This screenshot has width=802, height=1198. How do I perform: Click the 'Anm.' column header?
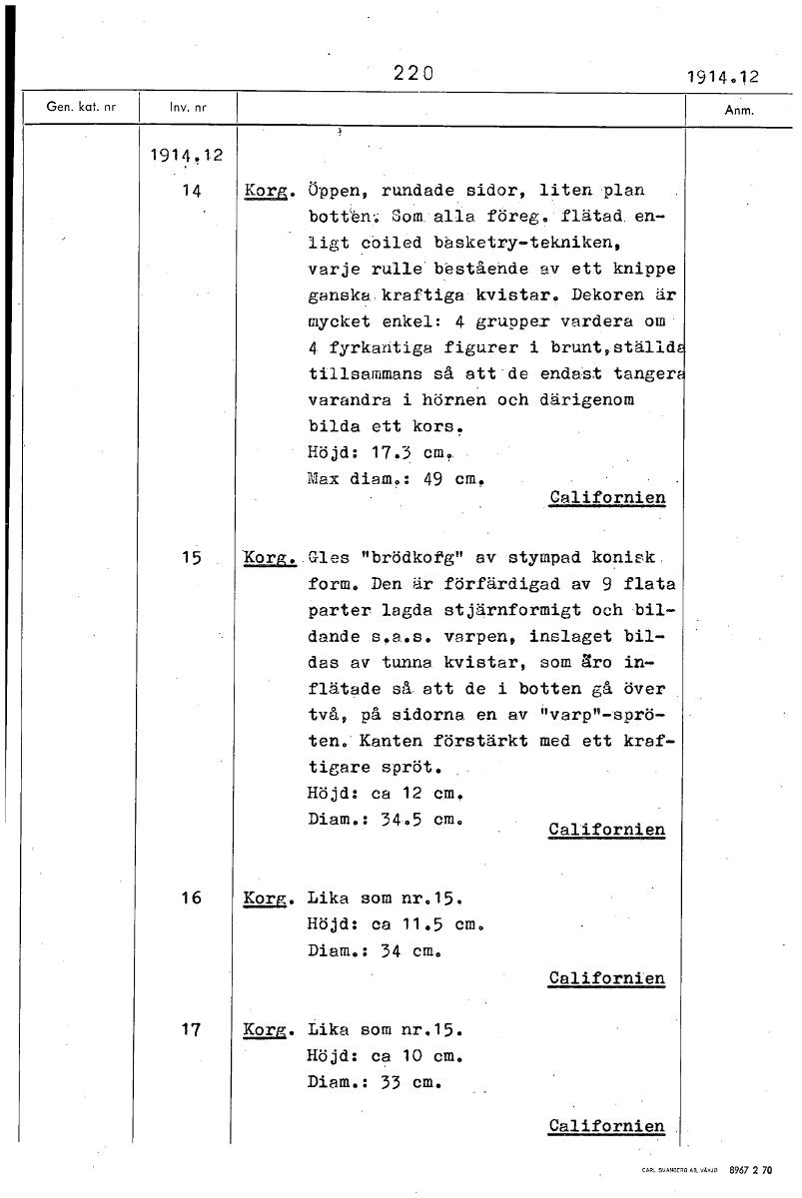point(737,111)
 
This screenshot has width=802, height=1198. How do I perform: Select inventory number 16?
point(193,898)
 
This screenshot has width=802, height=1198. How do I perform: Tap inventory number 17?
point(193,1027)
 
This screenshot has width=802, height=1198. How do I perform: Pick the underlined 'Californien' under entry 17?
point(606,1126)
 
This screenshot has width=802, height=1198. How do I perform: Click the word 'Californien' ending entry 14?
point(607,497)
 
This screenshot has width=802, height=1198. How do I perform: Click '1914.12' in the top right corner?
point(723,76)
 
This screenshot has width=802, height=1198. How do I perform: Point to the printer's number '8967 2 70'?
point(750,1169)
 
